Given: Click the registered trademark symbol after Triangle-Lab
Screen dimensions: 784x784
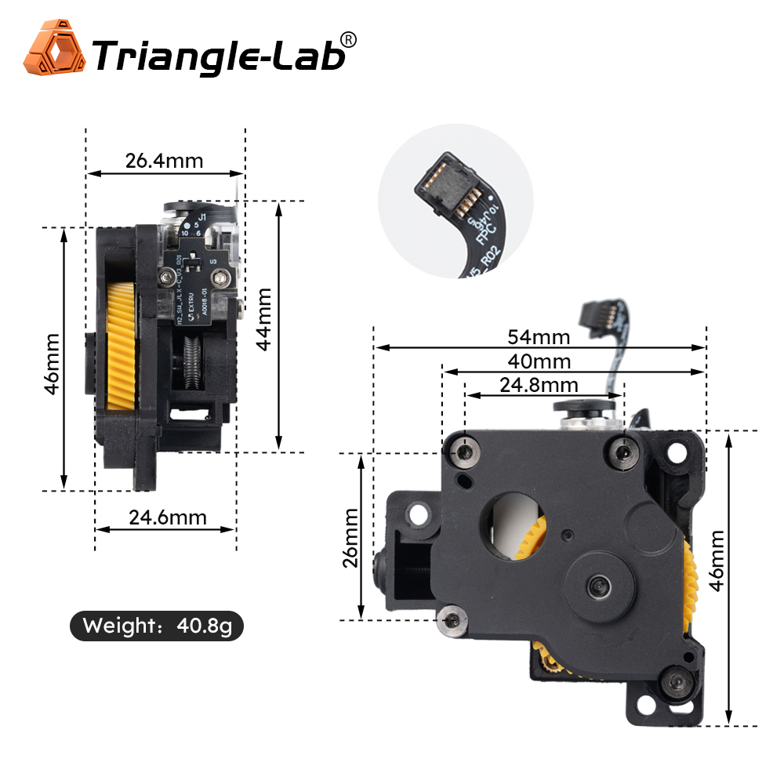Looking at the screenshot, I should point(350,39).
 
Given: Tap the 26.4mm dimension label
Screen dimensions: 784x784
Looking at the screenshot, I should point(164,161).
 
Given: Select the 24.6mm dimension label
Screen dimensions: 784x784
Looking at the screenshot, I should point(168,517).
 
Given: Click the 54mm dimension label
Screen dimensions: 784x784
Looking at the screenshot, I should point(539,337).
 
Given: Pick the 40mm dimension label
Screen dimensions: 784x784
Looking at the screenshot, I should point(539,361).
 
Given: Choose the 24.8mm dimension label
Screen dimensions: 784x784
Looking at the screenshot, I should point(539,385).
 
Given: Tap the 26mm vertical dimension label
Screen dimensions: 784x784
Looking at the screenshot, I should point(350,536).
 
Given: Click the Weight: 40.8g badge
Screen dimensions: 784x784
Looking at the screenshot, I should point(157,626).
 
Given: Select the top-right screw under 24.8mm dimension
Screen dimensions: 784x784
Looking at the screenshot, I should point(625,450).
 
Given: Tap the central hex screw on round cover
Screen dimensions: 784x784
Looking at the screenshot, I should point(600,585).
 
